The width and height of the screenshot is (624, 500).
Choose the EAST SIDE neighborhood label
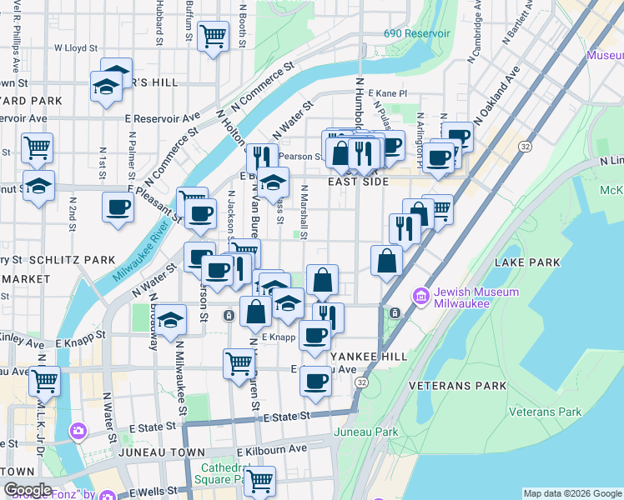click(359, 182)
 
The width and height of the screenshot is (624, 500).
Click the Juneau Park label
click(366, 432)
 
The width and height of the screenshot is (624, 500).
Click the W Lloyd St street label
click(76, 48)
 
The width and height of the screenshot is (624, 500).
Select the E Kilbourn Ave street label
click(273, 448)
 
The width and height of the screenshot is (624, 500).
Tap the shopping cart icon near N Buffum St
click(214, 35)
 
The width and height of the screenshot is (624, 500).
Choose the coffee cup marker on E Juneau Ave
click(315, 381)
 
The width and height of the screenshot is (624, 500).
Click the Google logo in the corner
click(28, 490)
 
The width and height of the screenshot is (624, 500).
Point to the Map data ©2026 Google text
click(572, 493)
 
